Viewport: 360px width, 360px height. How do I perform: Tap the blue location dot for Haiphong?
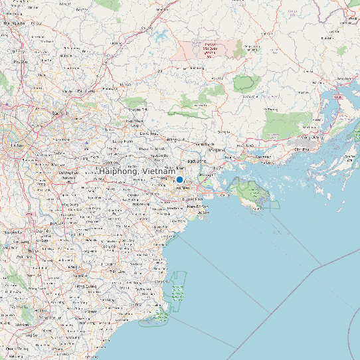pos(179,179)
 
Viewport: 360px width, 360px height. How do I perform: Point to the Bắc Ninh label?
pos(60,114)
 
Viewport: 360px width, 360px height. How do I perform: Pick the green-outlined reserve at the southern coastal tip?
pos(154,321)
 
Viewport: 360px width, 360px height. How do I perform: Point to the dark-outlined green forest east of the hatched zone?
pos(246,83)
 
